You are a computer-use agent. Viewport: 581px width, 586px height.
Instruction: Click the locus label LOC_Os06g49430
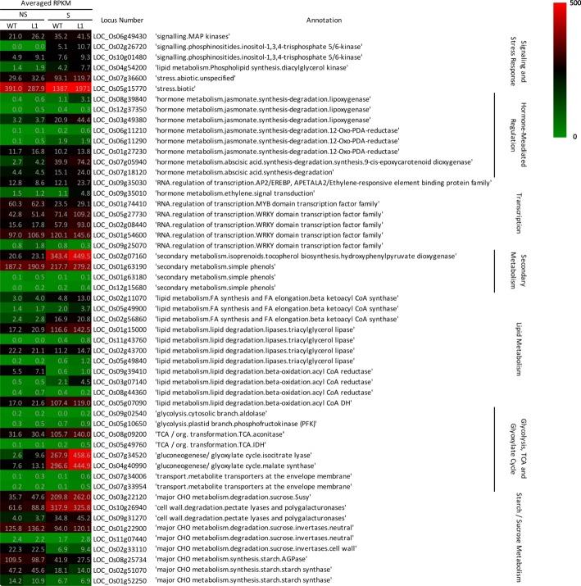click(121, 37)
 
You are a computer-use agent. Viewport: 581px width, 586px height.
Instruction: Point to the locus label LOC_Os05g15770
click(121, 88)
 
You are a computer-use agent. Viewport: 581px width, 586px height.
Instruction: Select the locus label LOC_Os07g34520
click(121, 453)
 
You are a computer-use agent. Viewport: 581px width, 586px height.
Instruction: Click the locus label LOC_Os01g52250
click(121, 580)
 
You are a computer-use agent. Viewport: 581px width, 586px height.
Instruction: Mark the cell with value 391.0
click(13, 88)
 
